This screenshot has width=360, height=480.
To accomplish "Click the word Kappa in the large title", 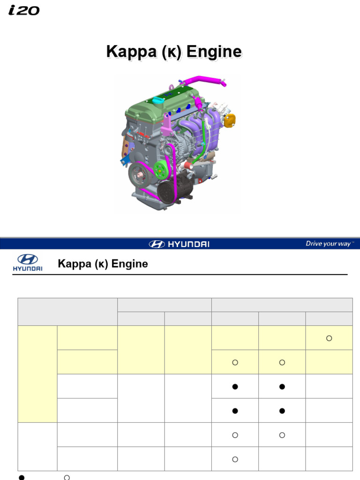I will [131, 52].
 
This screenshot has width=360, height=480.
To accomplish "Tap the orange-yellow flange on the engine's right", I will [229, 120].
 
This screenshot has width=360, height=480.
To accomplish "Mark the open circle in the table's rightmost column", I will [329, 338].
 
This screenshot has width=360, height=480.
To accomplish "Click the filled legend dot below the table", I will [21, 477].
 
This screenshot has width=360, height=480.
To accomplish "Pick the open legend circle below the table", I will [67, 477].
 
